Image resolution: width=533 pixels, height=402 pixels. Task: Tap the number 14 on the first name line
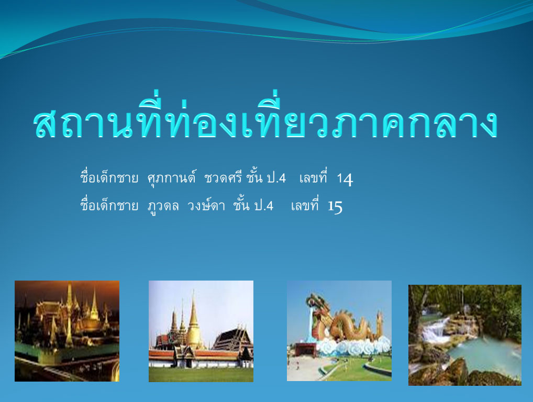click(345, 179)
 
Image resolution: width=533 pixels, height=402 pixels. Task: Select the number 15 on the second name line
click(335, 206)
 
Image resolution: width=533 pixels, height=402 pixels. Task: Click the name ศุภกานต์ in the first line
click(172, 178)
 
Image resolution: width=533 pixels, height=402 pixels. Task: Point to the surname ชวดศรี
click(223, 178)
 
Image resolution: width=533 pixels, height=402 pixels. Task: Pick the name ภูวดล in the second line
click(163, 206)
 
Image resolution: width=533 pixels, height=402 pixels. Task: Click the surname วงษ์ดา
click(206, 206)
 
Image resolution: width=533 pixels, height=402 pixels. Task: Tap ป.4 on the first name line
click(276, 178)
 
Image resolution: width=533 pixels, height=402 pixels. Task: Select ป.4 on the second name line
click(264, 206)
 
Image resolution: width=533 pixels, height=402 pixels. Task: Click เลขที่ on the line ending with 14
click(313, 177)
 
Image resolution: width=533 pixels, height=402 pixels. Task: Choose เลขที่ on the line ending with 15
click(305, 205)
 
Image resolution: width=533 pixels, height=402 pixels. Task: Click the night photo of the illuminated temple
click(67, 331)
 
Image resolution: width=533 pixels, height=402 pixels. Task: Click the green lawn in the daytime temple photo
click(201, 374)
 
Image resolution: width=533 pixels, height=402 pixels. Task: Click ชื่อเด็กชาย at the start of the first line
click(109, 177)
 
